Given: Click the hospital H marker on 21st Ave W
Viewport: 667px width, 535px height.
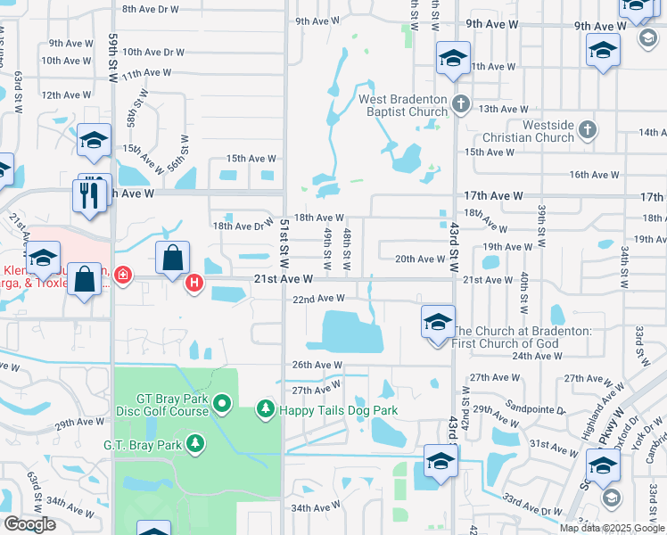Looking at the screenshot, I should (194, 285).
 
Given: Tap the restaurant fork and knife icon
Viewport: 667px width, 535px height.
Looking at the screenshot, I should (89, 195).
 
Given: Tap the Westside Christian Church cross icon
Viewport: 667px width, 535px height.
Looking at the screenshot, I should (587, 130).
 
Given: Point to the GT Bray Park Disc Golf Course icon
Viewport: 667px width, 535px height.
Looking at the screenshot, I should (222, 407).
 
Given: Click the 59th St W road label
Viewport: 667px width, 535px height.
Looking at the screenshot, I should (113, 60).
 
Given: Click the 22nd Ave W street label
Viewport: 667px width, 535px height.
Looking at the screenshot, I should (318, 299).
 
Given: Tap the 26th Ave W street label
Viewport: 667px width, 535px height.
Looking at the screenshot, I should (317, 365).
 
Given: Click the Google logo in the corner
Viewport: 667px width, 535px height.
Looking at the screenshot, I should (29, 524).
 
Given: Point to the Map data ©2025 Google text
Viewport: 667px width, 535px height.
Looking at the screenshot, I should (613, 528).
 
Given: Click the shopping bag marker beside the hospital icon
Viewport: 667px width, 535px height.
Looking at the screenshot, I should (172, 258).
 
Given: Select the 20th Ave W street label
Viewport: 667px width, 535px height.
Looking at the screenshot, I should (419, 259).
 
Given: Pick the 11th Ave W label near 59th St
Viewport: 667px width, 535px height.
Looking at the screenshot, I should (147, 73).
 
